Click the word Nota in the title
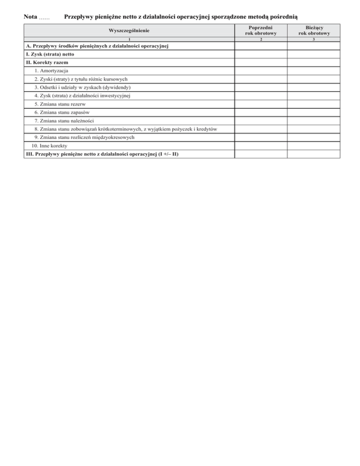[x=30, y=17]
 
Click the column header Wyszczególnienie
[x=129, y=31]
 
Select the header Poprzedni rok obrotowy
[x=261, y=31]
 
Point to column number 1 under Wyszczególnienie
[x=129, y=40]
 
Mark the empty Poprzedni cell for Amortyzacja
[x=261, y=71]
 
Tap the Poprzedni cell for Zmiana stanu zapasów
[x=261, y=113]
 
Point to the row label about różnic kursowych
[x=84, y=79]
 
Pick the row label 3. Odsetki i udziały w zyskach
[x=82, y=88]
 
